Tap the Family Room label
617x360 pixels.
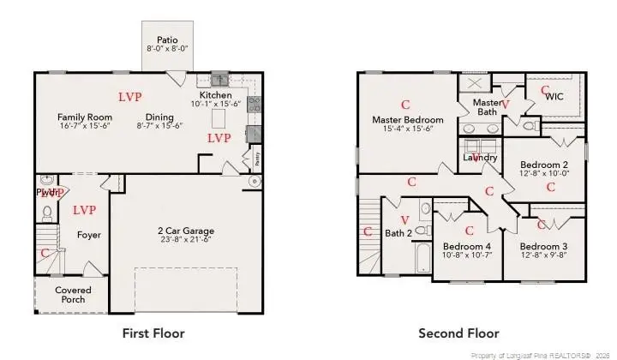tap(85, 117)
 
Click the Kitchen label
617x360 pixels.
tap(215, 94)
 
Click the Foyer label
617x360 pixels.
tap(89, 234)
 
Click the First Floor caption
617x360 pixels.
tap(154, 333)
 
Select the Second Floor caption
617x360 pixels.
tap(458, 333)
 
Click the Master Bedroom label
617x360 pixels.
tap(407, 119)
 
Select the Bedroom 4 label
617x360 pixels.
tap(467, 245)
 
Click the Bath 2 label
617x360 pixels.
tap(398, 232)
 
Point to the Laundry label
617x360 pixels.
tap(480, 158)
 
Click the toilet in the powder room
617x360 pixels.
tap(48, 211)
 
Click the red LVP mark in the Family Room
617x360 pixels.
tap(130, 97)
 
